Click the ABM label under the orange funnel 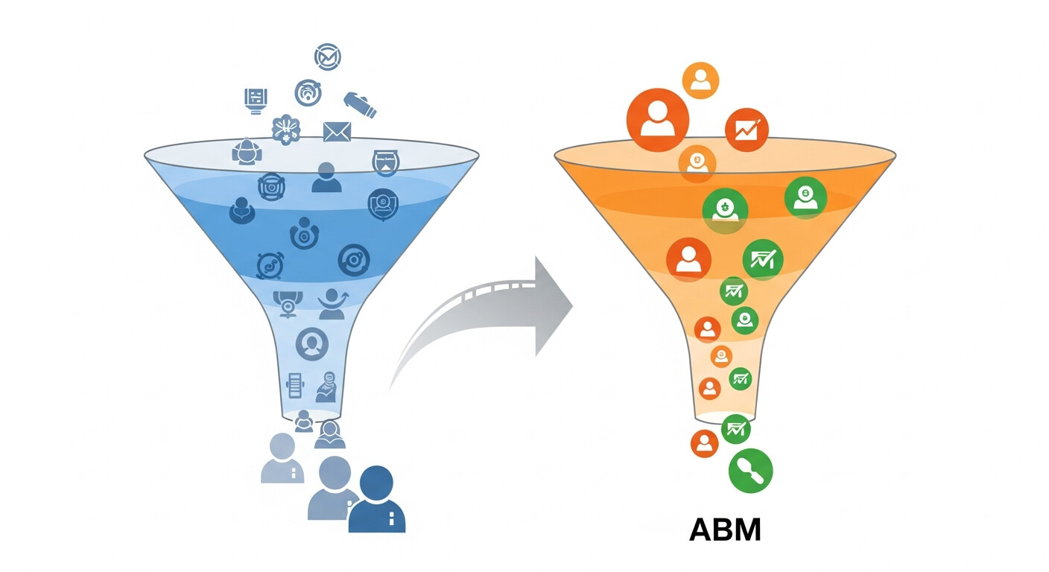pos(725,530)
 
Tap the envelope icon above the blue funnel pos(337,131)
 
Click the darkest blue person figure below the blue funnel pos(377,500)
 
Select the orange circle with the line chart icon pos(746,130)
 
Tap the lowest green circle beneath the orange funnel pos(750,471)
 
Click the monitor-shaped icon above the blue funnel pos(256,100)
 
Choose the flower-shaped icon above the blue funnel pos(286,129)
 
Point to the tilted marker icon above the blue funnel pos(360,104)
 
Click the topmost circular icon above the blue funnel pos(327,57)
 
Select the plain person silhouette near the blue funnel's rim pos(326,177)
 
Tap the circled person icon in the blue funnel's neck pos(311,343)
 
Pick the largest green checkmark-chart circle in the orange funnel pos(762,259)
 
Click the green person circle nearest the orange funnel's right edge pos(805,197)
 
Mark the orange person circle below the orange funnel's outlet pos(704,443)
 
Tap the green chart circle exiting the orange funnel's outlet pos(735,429)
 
